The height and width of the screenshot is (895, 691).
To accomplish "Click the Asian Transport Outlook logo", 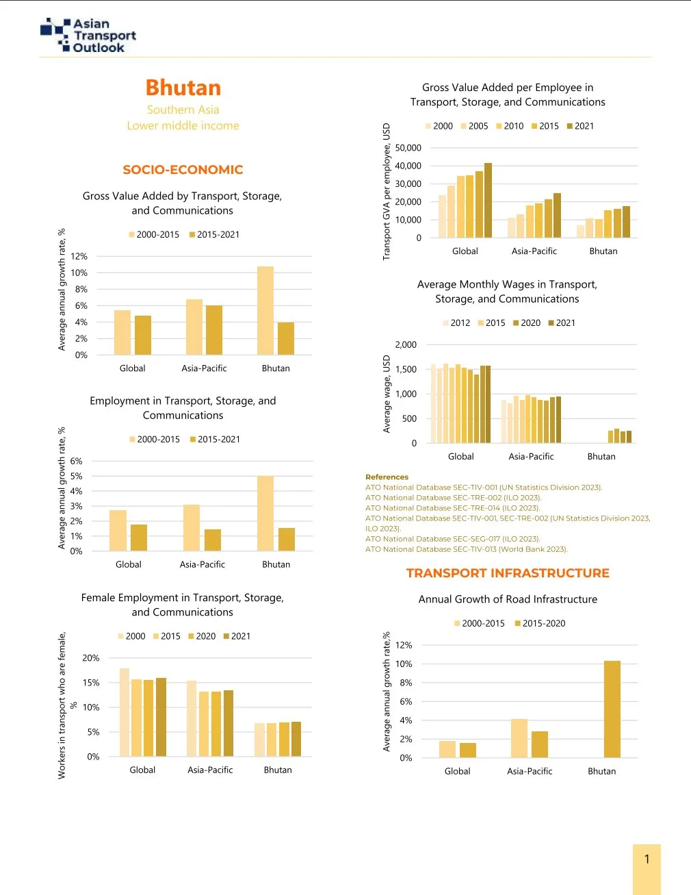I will (x=89, y=36).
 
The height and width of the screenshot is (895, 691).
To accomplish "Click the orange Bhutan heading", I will (x=183, y=88).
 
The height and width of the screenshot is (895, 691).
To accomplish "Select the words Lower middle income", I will (x=183, y=125).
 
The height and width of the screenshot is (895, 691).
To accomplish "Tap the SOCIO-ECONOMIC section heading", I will (x=183, y=170).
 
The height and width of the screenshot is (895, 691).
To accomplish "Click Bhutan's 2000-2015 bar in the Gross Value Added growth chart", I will (x=265, y=310).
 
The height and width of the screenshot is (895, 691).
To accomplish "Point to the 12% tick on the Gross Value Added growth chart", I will (x=80, y=256).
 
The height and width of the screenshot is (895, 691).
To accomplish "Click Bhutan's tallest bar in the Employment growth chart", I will (x=265, y=513).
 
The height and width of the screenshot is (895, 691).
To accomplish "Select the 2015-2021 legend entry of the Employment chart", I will (x=215, y=439).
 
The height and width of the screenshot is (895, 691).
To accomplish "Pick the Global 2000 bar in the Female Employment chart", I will (x=125, y=712).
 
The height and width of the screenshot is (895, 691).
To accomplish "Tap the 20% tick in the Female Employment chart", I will (x=91, y=658).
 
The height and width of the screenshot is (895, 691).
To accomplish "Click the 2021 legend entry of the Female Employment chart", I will (x=237, y=636).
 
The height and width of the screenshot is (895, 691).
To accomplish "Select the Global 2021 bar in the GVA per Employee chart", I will (x=488, y=200).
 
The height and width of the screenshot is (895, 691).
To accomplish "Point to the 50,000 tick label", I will (x=408, y=148).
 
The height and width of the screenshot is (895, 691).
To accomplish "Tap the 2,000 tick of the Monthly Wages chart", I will (x=406, y=345).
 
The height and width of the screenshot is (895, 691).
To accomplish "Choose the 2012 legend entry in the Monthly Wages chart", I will (x=456, y=323).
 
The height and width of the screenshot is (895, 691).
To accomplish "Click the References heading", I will (x=387, y=477).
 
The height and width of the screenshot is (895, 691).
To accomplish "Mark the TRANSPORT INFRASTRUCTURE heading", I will (x=508, y=573).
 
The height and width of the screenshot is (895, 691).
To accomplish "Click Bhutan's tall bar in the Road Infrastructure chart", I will (x=612, y=709).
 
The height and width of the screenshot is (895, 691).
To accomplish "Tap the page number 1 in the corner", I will (x=647, y=859).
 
